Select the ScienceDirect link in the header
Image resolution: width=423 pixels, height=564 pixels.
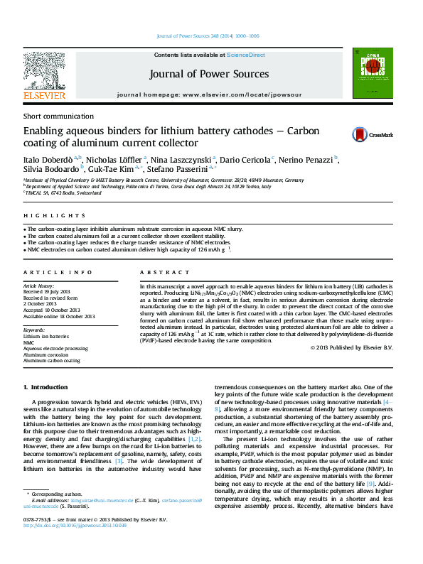pyautogui.click(x=245, y=55)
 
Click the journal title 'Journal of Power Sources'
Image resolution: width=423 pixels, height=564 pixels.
pyautogui.click(x=209, y=74)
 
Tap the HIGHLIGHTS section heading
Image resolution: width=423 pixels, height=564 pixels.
pyautogui.click(x=45, y=215)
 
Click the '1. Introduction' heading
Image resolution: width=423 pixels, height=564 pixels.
pyautogui.click(x=45, y=387)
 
